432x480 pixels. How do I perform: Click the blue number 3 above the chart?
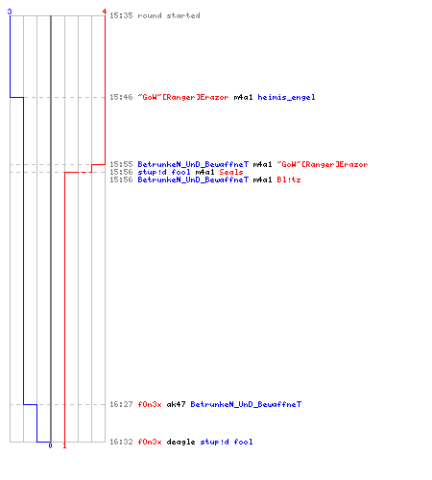click(x=10, y=12)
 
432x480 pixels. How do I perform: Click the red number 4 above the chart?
click(x=105, y=12)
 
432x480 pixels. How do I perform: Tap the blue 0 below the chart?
click(x=50, y=445)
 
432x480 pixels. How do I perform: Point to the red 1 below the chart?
click(x=64, y=445)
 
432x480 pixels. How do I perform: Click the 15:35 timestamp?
click(x=121, y=15)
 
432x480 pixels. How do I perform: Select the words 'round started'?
click(x=169, y=15)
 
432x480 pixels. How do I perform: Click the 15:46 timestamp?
click(x=121, y=97)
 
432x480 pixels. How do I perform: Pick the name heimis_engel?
click(x=286, y=97)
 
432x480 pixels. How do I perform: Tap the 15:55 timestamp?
click(x=121, y=164)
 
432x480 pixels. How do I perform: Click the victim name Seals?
click(x=231, y=172)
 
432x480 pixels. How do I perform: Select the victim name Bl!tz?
click(x=289, y=180)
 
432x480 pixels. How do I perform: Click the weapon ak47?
click(x=176, y=404)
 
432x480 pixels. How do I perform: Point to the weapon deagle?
click(x=180, y=443)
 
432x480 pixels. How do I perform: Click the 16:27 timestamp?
click(x=121, y=404)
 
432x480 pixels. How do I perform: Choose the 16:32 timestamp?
click(x=121, y=442)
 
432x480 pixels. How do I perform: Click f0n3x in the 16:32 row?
click(x=150, y=442)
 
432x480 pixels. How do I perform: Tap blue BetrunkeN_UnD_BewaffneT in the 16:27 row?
click(x=246, y=404)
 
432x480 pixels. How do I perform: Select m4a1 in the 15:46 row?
click(x=243, y=97)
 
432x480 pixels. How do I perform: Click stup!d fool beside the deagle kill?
click(x=227, y=442)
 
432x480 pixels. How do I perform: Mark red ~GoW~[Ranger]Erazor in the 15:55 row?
click(x=323, y=164)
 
